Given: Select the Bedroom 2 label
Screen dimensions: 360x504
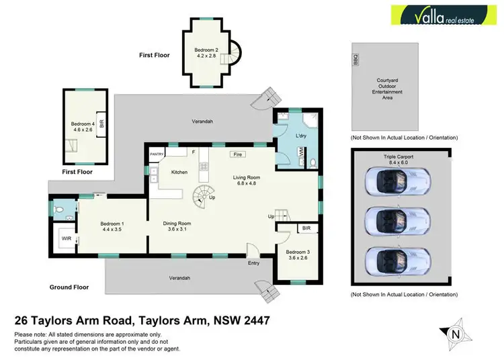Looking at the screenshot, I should pyautogui.click(x=206, y=53).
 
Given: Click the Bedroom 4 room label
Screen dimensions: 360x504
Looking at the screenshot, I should pyautogui.click(x=83, y=126).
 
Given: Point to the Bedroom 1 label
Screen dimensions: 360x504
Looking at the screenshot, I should pyautogui.click(x=112, y=226).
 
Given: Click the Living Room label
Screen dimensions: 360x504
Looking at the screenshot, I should pyautogui.click(x=246, y=180).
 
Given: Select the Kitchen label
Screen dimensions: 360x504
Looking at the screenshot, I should pyautogui.click(x=179, y=173).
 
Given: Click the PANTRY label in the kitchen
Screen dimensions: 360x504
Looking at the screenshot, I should pyautogui.click(x=157, y=154).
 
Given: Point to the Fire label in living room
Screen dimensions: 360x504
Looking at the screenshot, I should pyautogui.click(x=237, y=154).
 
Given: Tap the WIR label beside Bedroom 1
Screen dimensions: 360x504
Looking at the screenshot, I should pyautogui.click(x=67, y=238).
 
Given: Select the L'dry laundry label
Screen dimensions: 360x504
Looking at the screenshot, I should pyautogui.click(x=301, y=136).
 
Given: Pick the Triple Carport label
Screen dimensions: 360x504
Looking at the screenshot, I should pyautogui.click(x=390, y=159).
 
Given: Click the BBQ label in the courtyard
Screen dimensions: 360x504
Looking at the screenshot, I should pyautogui.click(x=356, y=60).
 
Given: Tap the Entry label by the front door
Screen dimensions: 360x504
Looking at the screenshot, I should pyautogui.click(x=253, y=263).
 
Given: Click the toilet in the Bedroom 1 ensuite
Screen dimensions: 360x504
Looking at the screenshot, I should pyautogui.click(x=60, y=210).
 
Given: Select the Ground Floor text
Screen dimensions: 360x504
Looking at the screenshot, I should pyautogui.click(x=69, y=287).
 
